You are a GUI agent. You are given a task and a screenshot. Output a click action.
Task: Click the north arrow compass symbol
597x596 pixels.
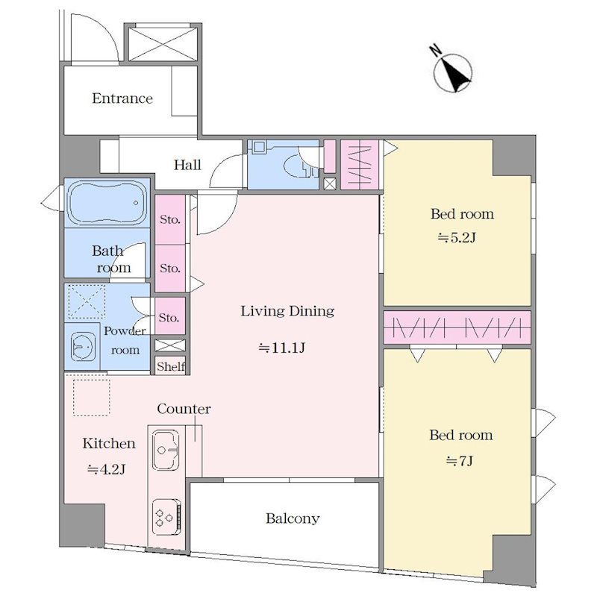point(452,72)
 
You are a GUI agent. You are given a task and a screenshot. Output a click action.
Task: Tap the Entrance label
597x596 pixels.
point(122,98)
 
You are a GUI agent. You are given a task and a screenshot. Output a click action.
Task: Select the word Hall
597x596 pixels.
point(187,165)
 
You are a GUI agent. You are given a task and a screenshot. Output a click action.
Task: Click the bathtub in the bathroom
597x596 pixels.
point(107,203)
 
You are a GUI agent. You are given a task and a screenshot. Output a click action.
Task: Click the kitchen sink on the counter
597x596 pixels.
point(166,451)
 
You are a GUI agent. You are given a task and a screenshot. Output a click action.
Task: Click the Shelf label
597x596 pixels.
point(171,366)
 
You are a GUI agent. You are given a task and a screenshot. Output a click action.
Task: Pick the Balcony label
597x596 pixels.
point(293,518)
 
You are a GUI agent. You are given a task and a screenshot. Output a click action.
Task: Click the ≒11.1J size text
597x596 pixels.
point(281,348)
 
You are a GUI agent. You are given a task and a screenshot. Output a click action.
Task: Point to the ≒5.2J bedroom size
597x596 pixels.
point(457,238)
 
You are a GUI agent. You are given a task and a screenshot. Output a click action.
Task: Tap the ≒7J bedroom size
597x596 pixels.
point(460,461)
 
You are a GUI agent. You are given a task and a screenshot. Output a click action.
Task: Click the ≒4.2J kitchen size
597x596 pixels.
point(106,470)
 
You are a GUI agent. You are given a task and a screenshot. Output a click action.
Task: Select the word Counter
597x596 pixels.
point(184,409)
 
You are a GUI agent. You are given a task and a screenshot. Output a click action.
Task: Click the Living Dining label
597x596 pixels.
point(287,311)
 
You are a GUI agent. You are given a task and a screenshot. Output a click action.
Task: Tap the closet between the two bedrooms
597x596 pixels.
point(457,327)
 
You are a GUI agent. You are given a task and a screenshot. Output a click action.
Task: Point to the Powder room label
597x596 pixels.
point(125,340)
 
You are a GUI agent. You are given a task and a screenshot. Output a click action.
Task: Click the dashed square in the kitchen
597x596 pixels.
point(91,397)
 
